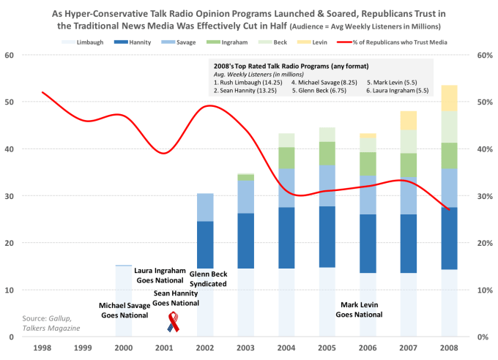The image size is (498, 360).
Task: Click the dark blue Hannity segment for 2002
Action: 207,244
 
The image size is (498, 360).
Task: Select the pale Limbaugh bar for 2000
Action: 124,300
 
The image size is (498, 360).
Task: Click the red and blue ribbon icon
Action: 174,321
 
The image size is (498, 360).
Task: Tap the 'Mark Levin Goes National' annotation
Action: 359,310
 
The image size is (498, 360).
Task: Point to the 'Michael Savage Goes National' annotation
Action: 123,310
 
